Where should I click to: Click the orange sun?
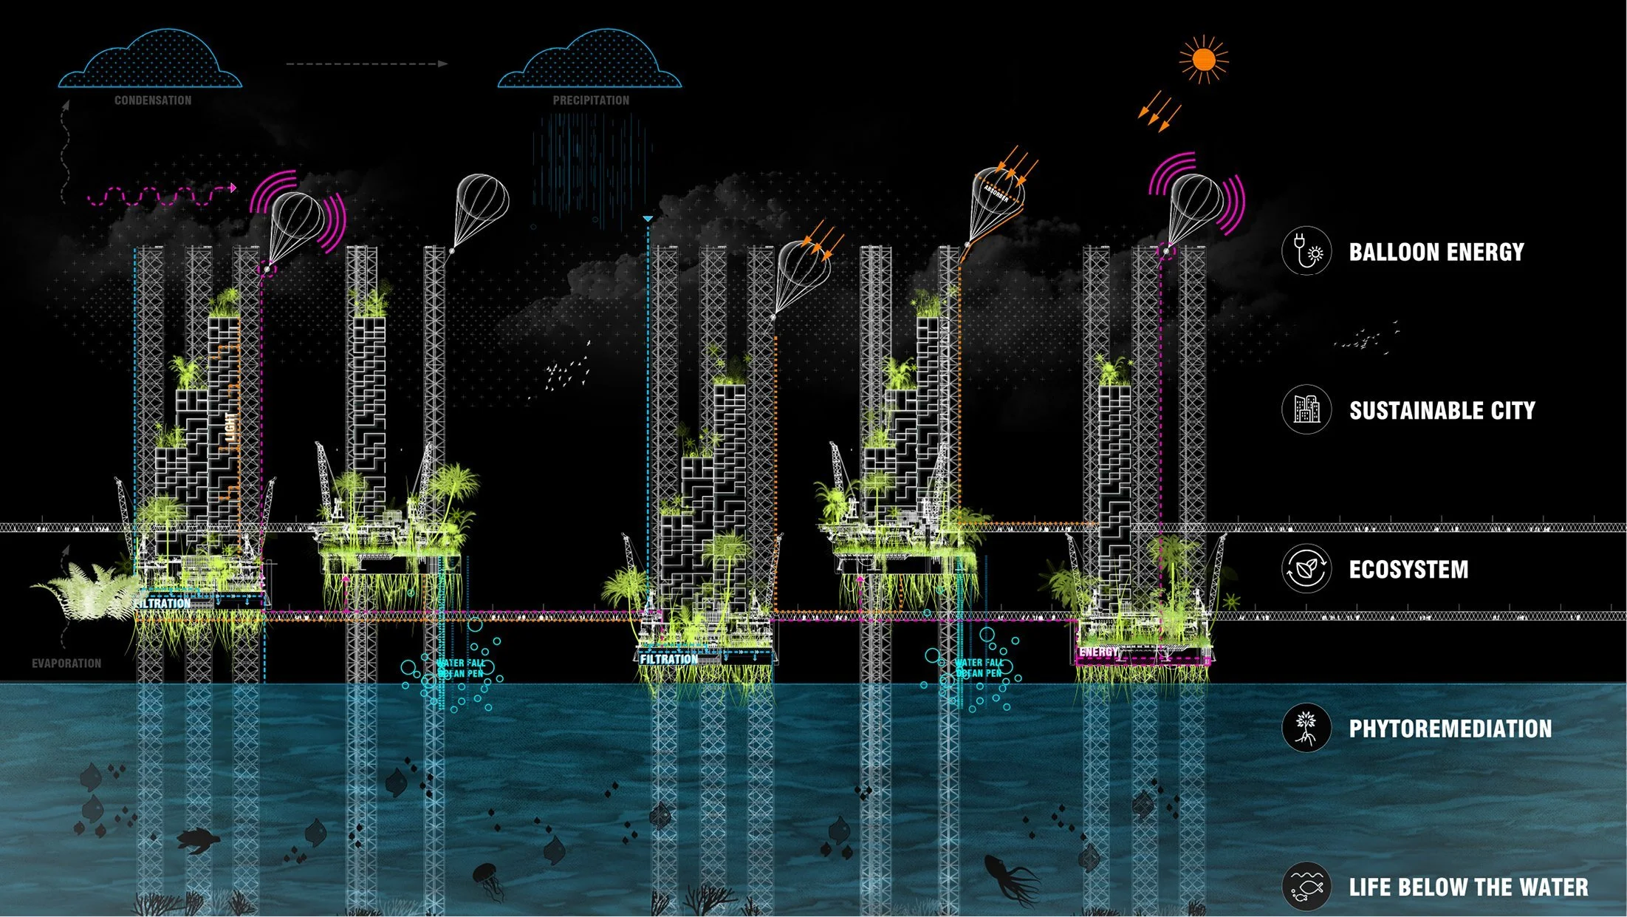1203,59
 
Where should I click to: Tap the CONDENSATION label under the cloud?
153,100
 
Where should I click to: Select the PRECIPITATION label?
591,100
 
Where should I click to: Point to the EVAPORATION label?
66,664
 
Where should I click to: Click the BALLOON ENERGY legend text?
1436,252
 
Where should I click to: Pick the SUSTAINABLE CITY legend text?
1442,411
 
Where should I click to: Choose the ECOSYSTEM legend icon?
1306,569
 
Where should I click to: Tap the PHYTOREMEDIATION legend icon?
1306,728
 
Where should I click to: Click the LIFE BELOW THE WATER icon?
1306,886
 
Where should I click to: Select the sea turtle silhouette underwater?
197,839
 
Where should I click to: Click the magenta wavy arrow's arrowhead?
233,188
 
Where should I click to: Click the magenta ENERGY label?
1099,652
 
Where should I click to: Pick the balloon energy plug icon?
1306,251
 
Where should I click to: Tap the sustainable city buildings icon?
1306,409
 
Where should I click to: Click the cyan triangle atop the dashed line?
648,219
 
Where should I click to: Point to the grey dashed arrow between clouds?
367,64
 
